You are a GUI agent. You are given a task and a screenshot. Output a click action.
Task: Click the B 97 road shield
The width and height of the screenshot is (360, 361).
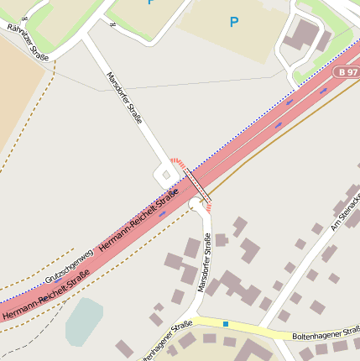click(x=347, y=73)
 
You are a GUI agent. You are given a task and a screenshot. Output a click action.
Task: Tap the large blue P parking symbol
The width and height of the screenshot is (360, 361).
click(x=234, y=22)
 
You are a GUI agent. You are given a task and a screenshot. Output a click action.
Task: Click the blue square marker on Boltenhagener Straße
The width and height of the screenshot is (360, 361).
click(x=225, y=323)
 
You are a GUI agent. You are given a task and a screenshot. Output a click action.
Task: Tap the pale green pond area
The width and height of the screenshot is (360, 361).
click(x=84, y=321)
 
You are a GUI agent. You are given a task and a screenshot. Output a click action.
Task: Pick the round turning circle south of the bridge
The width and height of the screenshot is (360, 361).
click(x=196, y=205)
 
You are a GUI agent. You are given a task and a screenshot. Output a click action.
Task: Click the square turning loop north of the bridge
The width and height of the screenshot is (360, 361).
click(x=165, y=176)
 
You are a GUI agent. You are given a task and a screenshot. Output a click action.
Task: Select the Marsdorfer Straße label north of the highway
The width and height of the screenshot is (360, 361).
click(x=124, y=99)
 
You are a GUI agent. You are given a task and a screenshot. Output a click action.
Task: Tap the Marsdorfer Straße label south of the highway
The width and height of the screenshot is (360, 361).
click(x=204, y=264)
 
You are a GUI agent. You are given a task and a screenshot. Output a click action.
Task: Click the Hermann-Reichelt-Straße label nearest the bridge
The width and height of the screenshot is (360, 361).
click(x=139, y=221)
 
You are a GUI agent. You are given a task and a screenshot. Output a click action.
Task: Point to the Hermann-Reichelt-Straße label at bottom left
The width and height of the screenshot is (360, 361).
click(x=46, y=295)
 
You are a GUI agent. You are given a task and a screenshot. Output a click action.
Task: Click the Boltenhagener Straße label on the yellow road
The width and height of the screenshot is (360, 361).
click(x=326, y=333)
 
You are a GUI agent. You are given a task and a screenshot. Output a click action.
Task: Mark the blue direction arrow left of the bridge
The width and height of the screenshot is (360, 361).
click(x=163, y=213)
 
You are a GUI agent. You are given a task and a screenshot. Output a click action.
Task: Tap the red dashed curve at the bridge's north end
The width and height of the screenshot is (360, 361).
click(x=175, y=160)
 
